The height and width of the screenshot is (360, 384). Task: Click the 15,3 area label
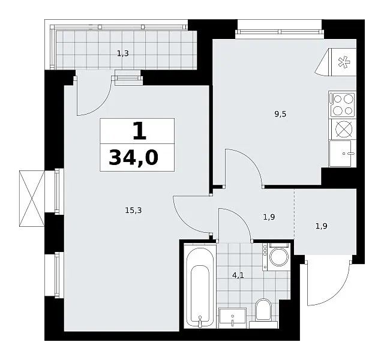[133, 211]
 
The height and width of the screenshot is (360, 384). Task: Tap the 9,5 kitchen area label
[280, 114]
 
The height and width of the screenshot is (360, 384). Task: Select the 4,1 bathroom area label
[238, 275]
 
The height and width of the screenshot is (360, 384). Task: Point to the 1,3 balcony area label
[122, 53]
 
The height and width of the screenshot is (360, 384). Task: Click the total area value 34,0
[134, 157]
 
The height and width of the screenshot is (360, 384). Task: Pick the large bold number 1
[140, 131]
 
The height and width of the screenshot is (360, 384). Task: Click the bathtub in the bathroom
[200, 286]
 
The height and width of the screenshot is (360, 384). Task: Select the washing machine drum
[279, 257]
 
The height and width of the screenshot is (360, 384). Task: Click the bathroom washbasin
[232, 318]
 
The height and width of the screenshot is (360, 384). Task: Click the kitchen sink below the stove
[343, 154]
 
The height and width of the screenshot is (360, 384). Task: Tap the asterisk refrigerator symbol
[344, 62]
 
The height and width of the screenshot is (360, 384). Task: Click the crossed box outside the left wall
[32, 199]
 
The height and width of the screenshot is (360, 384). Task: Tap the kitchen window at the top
[280, 32]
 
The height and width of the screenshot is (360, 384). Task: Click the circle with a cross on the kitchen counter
[344, 129]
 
